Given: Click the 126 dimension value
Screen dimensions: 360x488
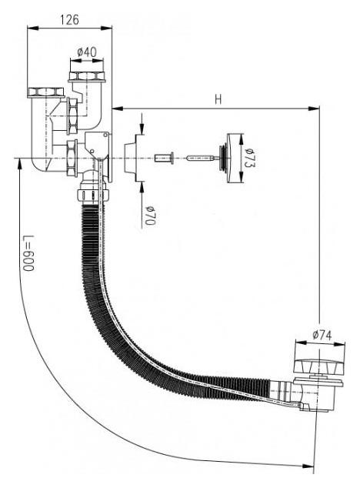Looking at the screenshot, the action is pos(69,20).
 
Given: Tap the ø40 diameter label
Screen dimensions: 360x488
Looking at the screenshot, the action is pos(87,52).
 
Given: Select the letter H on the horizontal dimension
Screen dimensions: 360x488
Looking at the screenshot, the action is pos(218,99).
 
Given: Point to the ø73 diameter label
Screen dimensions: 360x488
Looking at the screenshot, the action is pos(249,158).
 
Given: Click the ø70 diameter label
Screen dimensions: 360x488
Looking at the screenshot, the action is pos(150,215).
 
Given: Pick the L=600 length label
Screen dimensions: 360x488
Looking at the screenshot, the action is pos(28,253).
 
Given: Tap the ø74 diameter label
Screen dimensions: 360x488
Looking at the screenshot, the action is pos(322,335).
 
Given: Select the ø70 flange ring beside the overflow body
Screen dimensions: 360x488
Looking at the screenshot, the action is pos(132,158).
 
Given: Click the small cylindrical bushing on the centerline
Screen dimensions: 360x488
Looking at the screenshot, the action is pos(164,158).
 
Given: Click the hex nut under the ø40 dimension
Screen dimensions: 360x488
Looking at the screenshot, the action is pos(87,76).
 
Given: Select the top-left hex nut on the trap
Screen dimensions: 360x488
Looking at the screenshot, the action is pos(45,92).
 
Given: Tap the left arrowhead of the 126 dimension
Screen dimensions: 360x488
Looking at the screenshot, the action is pos(33,28).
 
